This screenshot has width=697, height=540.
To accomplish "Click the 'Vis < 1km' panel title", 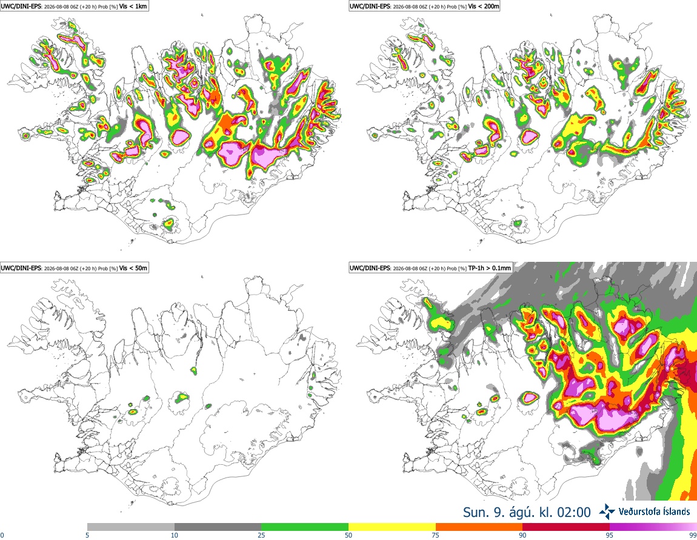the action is tap(133, 6).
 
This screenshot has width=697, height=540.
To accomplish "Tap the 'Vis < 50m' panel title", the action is tap(133, 268).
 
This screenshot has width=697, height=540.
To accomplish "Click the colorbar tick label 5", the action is tap(87, 535).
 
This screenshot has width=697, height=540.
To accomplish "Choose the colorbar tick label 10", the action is tap(175, 535).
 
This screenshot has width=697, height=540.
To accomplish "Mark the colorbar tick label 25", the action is tap(261, 535).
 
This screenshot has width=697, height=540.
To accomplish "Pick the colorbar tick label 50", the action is tap(348, 535).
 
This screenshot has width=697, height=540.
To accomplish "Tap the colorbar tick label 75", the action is tap(436, 535).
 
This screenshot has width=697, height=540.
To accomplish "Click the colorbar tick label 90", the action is tap(522, 535).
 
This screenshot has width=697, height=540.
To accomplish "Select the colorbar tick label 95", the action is tap(610, 535).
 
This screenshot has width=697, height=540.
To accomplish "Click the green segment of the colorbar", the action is tap(305, 527).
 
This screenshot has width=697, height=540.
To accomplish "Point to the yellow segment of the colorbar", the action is tap(392, 527).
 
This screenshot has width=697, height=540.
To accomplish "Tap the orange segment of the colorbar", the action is tap(479, 527).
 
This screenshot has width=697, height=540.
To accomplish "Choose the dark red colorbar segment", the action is tap(566, 527).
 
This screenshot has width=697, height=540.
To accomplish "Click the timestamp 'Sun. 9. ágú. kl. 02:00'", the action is tap(527, 512).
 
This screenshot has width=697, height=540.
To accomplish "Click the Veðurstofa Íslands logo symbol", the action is tap(607, 512).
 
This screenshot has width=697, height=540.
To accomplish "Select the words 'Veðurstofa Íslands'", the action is tap(655, 512).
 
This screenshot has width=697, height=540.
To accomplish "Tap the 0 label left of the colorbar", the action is tap(2, 535).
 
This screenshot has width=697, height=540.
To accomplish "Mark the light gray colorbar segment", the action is tap(131, 527).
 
